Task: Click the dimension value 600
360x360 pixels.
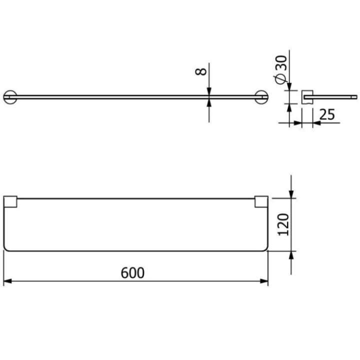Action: pyautogui.click(x=133, y=272)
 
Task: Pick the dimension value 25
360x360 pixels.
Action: pyautogui.click(x=326, y=114)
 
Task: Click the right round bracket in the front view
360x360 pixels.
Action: pyautogui.click(x=261, y=96)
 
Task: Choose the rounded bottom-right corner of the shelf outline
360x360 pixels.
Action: pyautogui.click(x=265, y=248)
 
